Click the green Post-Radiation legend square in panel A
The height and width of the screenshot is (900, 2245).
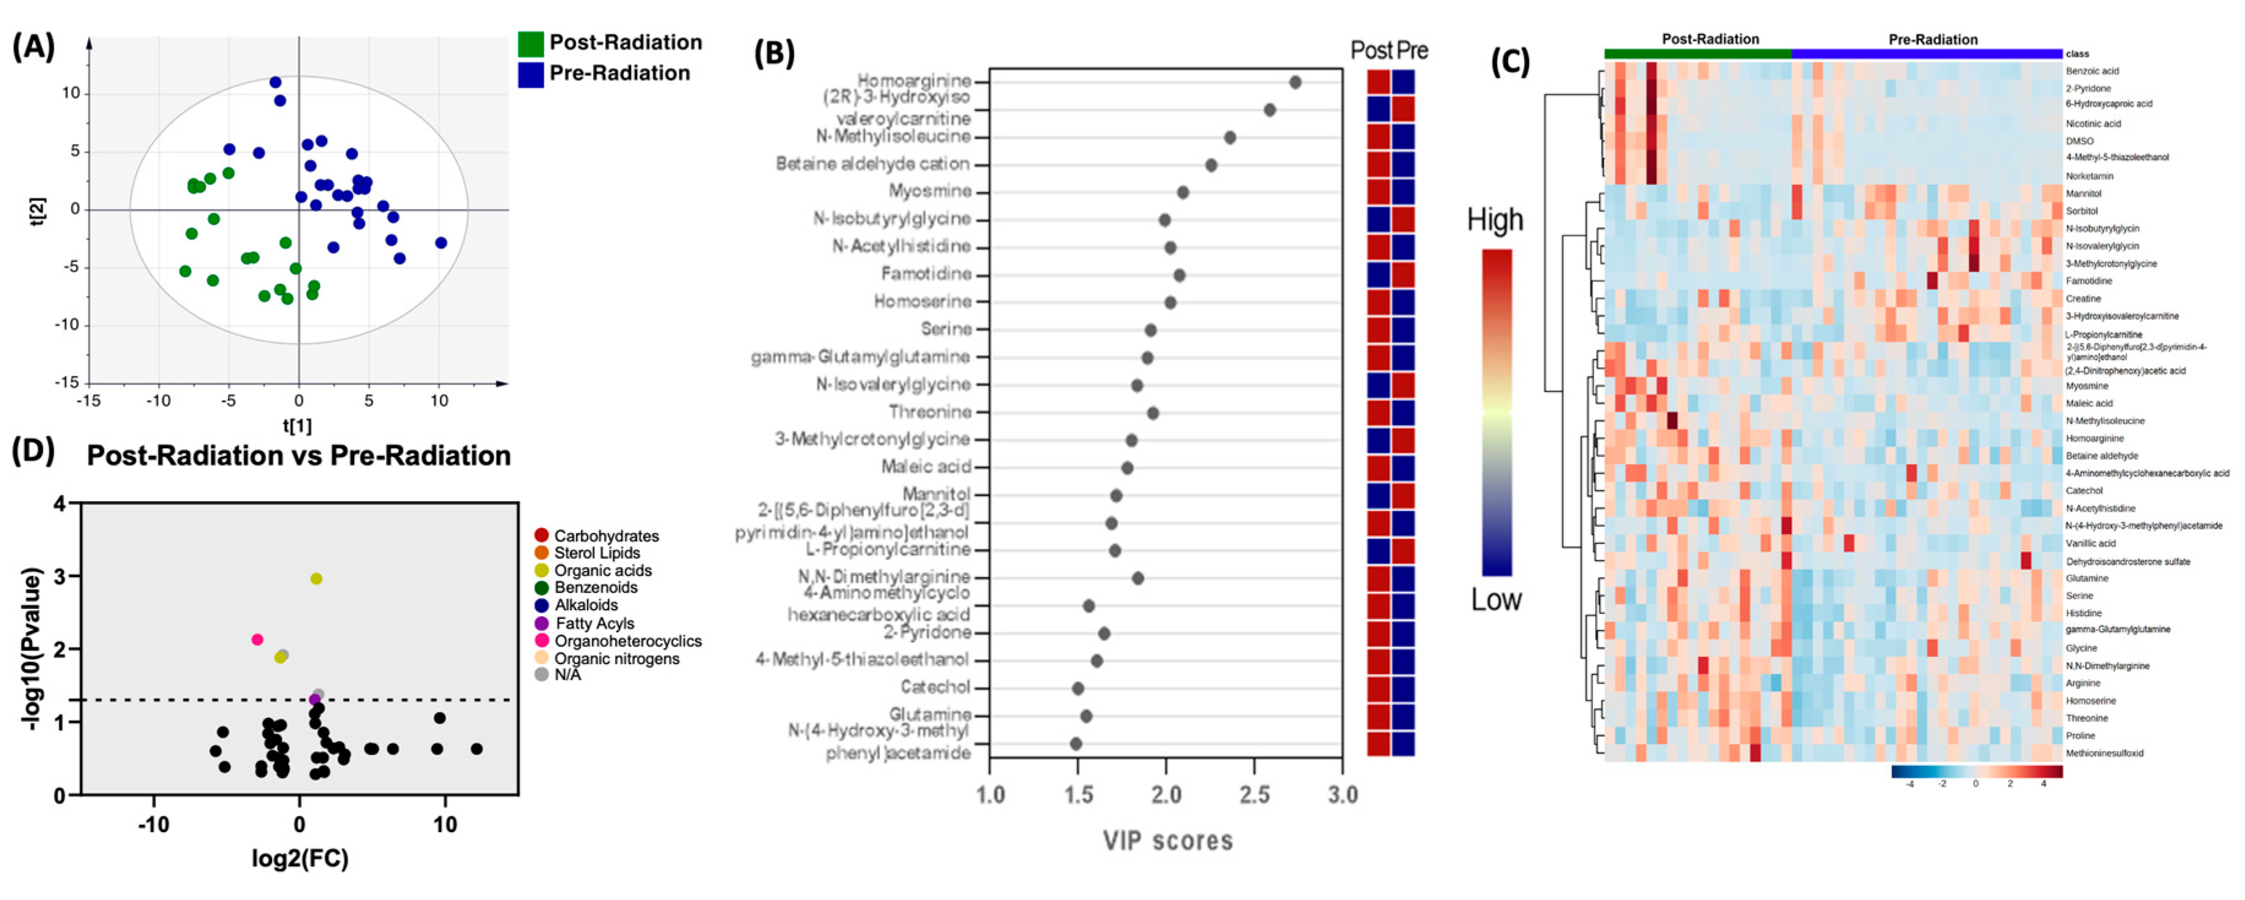[x=530, y=43]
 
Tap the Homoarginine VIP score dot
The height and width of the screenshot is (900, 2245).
[x=1295, y=82]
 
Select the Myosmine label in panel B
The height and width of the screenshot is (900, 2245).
[x=930, y=191]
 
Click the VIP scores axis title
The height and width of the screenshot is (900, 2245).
[x=1168, y=841]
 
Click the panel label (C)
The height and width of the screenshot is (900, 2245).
[x=1509, y=62]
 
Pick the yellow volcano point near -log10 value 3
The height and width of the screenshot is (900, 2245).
[x=316, y=578]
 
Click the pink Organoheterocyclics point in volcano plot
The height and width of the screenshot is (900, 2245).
[x=257, y=640]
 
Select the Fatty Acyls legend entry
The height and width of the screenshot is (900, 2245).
[x=594, y=623]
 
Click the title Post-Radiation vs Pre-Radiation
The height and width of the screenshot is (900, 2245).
[x=298, y=456]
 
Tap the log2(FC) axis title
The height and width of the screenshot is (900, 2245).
[x=300, y=859]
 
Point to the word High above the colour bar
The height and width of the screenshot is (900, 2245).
[x=1495, y=219]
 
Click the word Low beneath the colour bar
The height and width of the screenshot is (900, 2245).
[x=1495, y=599]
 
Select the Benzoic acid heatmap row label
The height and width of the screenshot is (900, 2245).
[x=2092, y=70]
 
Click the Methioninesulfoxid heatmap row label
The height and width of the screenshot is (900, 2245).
[x=2104, y=753]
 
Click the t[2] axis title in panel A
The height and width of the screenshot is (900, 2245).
[x=37, y=210]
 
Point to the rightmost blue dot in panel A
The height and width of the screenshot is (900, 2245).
[x=441, y=243]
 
